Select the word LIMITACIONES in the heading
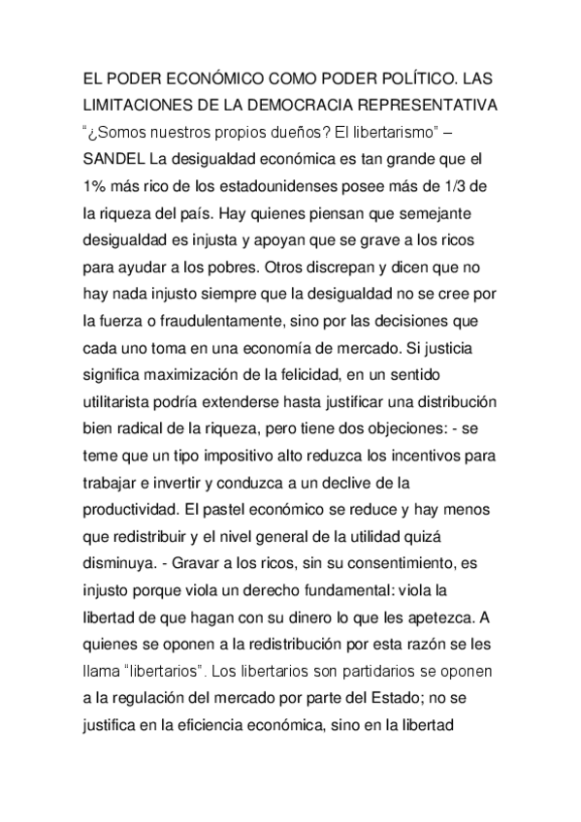(136, 103)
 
